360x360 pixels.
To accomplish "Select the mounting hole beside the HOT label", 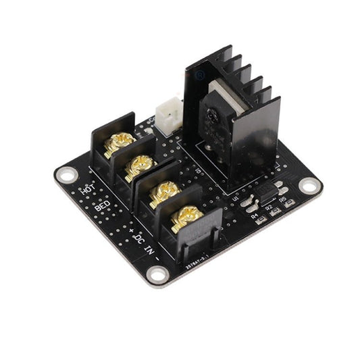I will pos(66,174).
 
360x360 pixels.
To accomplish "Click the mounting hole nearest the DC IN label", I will pos(158,274).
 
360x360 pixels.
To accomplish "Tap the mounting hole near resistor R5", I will pos(308,184).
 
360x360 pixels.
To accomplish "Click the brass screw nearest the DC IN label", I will pos(186,218).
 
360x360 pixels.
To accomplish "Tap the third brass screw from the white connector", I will pos(163,192).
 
